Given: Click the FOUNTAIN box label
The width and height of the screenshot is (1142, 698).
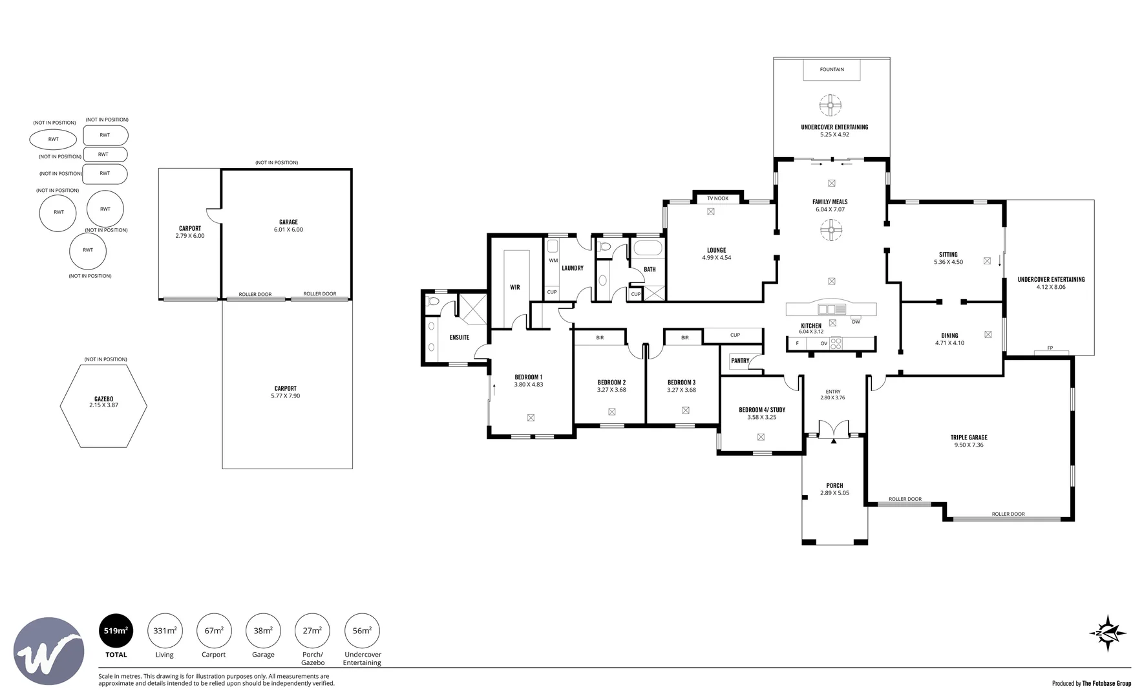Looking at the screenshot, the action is pyautogui.click(x=831, y=70).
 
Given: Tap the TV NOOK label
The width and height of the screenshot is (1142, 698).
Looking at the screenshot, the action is pyautogui.click(x=717, y=198).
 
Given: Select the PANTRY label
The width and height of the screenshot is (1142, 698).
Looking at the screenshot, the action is pyautogui.click(x=740, y=361).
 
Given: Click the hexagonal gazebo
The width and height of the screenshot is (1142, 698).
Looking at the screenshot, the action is pyautogui.click(x=103, y=406).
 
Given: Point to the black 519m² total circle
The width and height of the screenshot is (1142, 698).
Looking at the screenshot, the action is pyautogui.click(x=116, y=631).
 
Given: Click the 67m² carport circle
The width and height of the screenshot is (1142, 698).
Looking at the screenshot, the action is pyautogui.click(x=214, y=631).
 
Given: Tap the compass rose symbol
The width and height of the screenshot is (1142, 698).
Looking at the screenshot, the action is pyautogui.click(x=1108, y=633).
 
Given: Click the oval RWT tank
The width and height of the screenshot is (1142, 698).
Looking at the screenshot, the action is pyautogui.click(x=53, y=139).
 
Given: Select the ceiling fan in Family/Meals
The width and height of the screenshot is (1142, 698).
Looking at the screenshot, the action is pyautogui.click(x=832, y=229).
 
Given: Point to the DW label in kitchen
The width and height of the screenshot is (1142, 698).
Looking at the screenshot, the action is pyautogui.click(x=856, y=322).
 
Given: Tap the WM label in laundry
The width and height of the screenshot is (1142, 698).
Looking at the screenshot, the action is pyautogui.click(x=553, y=260).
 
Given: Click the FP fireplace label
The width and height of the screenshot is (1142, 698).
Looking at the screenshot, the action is pyautogui.click(x=1050, y=348).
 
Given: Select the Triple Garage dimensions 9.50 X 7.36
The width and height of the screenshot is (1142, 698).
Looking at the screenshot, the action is pyautogui.click(x=969, y=445).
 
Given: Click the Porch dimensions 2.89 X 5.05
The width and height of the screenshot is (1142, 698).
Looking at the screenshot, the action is pyautogui.click(x=834, y=493).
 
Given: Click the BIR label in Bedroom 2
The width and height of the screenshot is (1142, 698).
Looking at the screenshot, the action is pyautogui.click(x=600, y=338).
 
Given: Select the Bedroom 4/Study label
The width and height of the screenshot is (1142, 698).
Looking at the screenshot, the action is pyautogui.click(x=762, y=410).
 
